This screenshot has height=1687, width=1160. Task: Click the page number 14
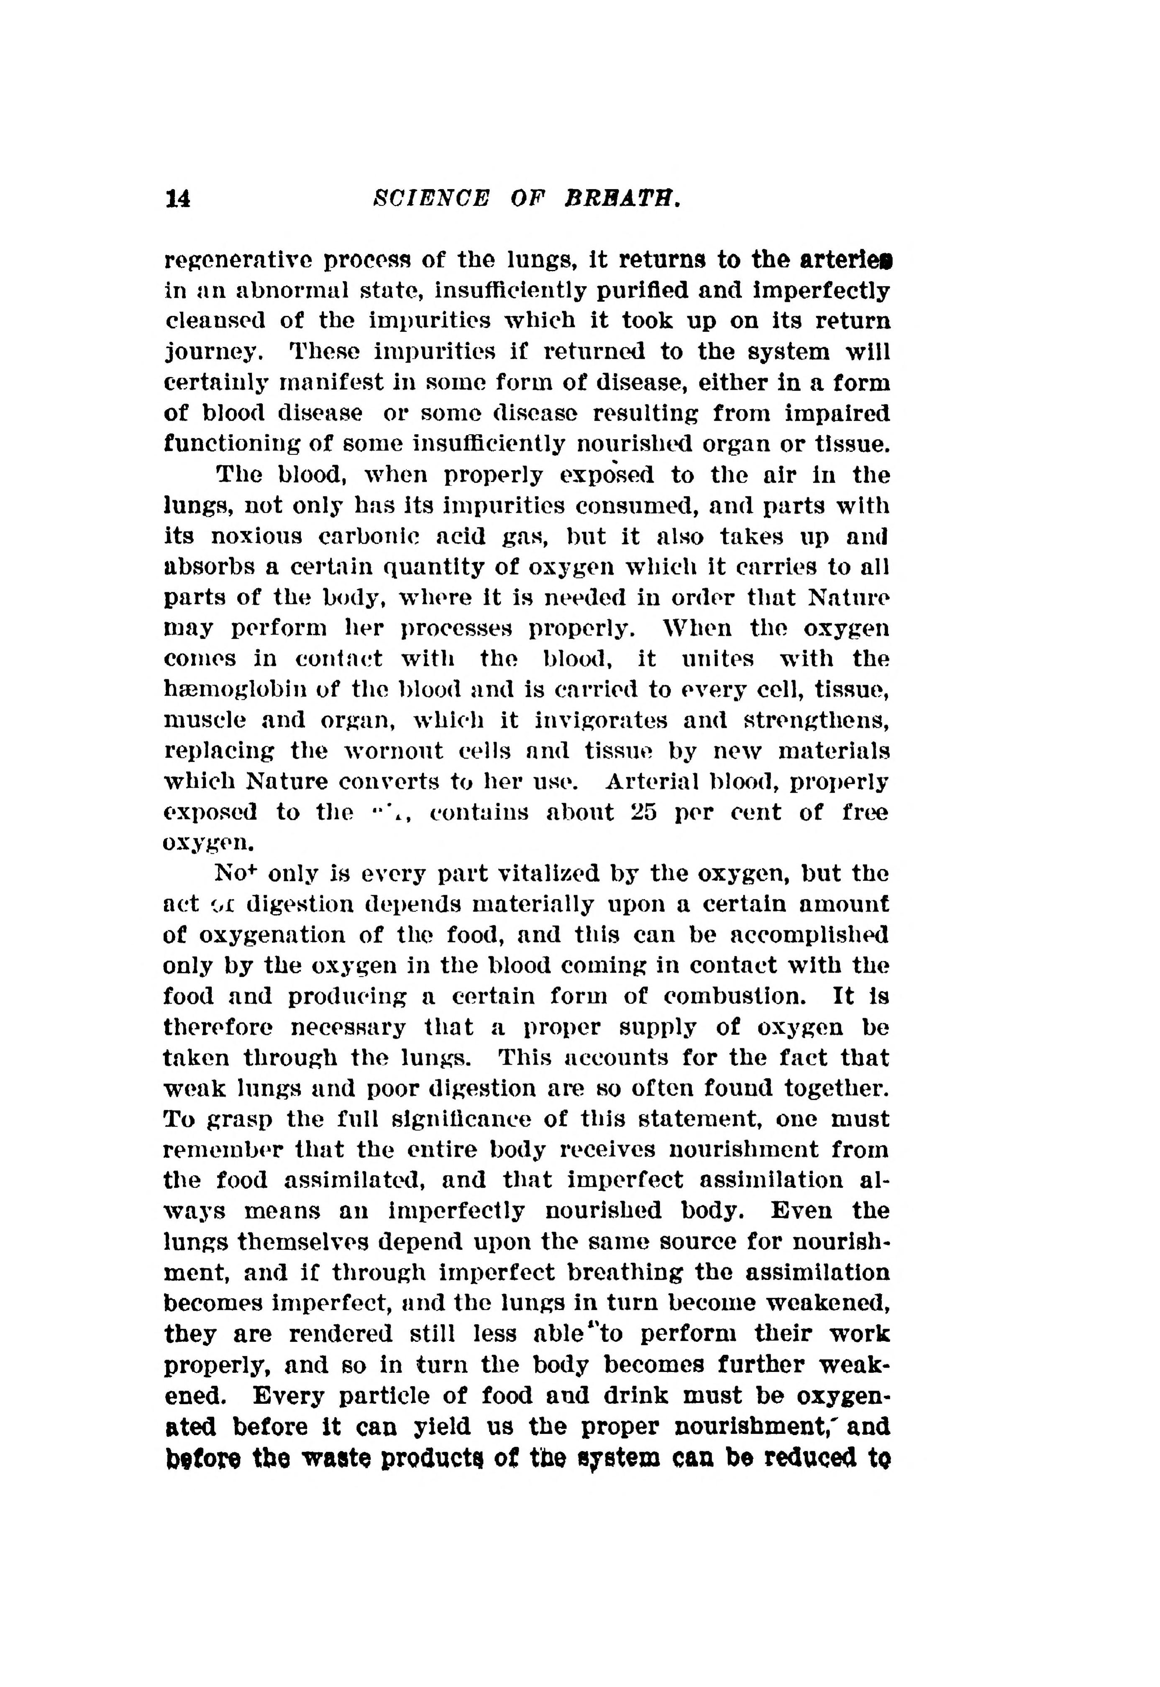(x=178, y=198)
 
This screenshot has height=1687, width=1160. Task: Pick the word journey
(x=212, y=353)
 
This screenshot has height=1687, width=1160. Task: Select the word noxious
(x=259, y=536)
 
